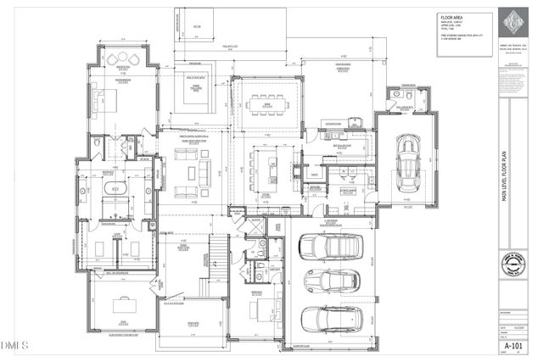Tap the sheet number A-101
tap(512, 346)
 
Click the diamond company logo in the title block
tap(512, 22)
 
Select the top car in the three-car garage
tap(330, 246)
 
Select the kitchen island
tap(273, 162)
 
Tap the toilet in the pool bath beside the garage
tap(407, 107)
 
